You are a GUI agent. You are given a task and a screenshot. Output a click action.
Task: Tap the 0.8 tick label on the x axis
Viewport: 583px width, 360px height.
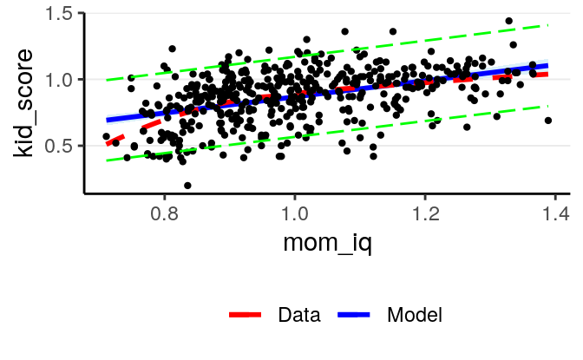pos(164,213)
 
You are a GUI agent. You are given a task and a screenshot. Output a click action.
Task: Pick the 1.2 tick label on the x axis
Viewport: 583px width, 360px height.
pos(425,213)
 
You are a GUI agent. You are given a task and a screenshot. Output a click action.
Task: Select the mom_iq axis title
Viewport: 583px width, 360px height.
pos(328,244)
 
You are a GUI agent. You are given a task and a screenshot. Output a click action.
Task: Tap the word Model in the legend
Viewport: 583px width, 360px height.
pos(415,315)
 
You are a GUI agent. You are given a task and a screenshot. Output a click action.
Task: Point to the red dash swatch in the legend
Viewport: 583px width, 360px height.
pos(246,315)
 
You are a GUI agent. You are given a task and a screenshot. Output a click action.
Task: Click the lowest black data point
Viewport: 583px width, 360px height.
pos(187,186)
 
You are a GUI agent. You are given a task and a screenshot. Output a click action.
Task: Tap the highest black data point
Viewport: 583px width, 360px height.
pos(509,21)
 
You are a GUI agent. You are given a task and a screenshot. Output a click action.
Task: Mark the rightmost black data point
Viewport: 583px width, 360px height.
pos(548,121)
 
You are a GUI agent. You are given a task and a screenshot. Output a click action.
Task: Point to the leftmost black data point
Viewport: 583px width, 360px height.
pos(106,136)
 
